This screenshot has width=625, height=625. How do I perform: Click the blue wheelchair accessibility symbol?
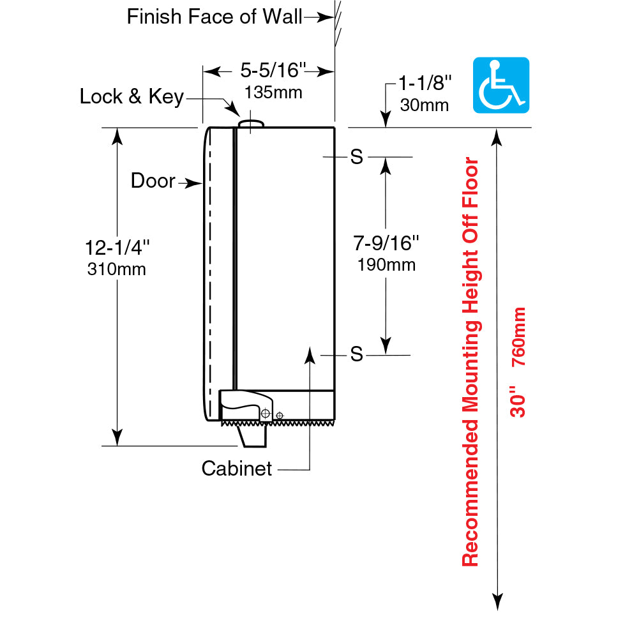[x=501, y=85]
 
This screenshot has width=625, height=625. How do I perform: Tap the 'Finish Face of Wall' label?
[x=214, y=17]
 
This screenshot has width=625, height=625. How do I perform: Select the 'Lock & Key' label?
[x=132, y=96]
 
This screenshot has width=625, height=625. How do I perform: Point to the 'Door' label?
[x=153, y=181]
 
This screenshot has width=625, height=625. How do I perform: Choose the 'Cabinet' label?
[x=237, y=469]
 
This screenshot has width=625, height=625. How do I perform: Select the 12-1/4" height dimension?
[x=117, y=246]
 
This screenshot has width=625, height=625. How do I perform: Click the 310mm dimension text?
[x=116, y=269]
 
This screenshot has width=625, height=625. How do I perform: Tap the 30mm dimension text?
[x=424, y=104]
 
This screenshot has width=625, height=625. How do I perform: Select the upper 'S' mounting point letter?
[x=356, y=157]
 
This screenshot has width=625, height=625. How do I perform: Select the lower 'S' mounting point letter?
[x=356, y=354]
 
